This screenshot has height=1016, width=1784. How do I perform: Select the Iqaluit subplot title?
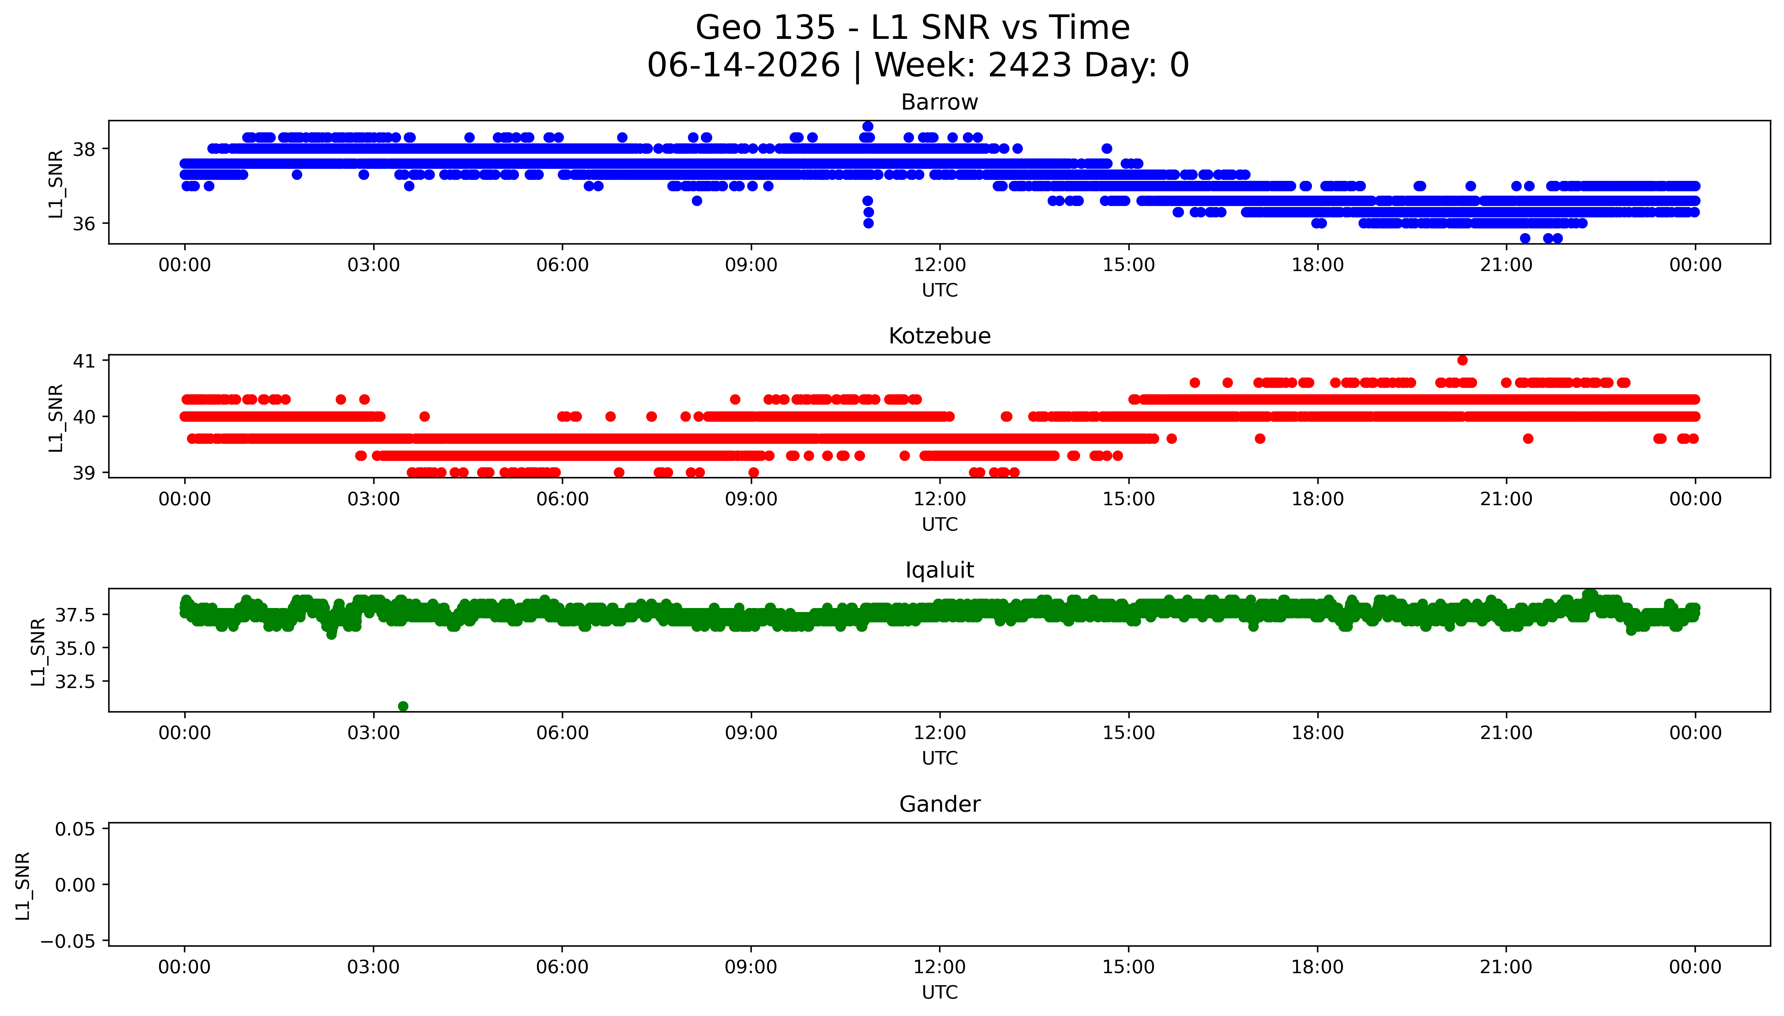point(939,570)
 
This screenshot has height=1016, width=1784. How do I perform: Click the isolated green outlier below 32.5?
point(403,706)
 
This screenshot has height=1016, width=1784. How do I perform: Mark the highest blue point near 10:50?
point(867,126)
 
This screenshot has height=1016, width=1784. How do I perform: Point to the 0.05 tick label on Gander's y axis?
point(75,829)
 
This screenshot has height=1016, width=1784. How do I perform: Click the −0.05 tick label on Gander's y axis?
point(68,941)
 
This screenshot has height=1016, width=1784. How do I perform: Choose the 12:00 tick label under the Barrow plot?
point(939,265)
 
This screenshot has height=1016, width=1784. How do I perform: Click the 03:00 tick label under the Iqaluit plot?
point(373,733)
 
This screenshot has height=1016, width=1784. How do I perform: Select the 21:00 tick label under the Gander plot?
point(1506,967)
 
